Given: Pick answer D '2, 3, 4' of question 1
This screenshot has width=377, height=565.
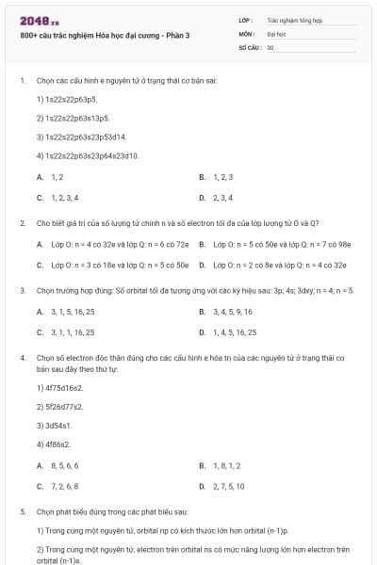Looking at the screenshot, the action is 223,198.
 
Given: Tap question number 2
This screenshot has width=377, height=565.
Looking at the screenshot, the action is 22,223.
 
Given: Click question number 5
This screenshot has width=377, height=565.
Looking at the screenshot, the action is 22,510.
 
